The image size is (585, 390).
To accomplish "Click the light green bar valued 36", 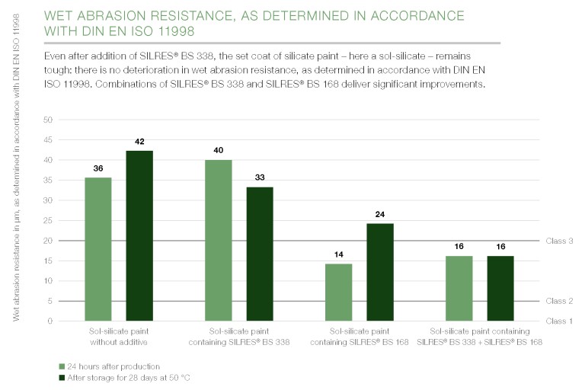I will [98, 249].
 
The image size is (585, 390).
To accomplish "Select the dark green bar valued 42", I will [139, 236].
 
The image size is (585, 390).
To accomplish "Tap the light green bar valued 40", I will [219, 241].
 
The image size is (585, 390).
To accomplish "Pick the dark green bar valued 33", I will [260, 254].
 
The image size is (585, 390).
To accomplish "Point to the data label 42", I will [139, 142].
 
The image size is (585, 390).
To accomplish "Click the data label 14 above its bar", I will [338, 254].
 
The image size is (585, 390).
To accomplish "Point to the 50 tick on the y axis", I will [48, 120].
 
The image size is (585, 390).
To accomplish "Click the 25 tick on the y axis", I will [48, 221].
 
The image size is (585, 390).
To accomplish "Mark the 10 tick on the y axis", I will [48, 281].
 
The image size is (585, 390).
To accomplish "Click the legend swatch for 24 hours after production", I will [62, 366].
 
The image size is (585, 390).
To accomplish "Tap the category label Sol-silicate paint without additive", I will [118, 337].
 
